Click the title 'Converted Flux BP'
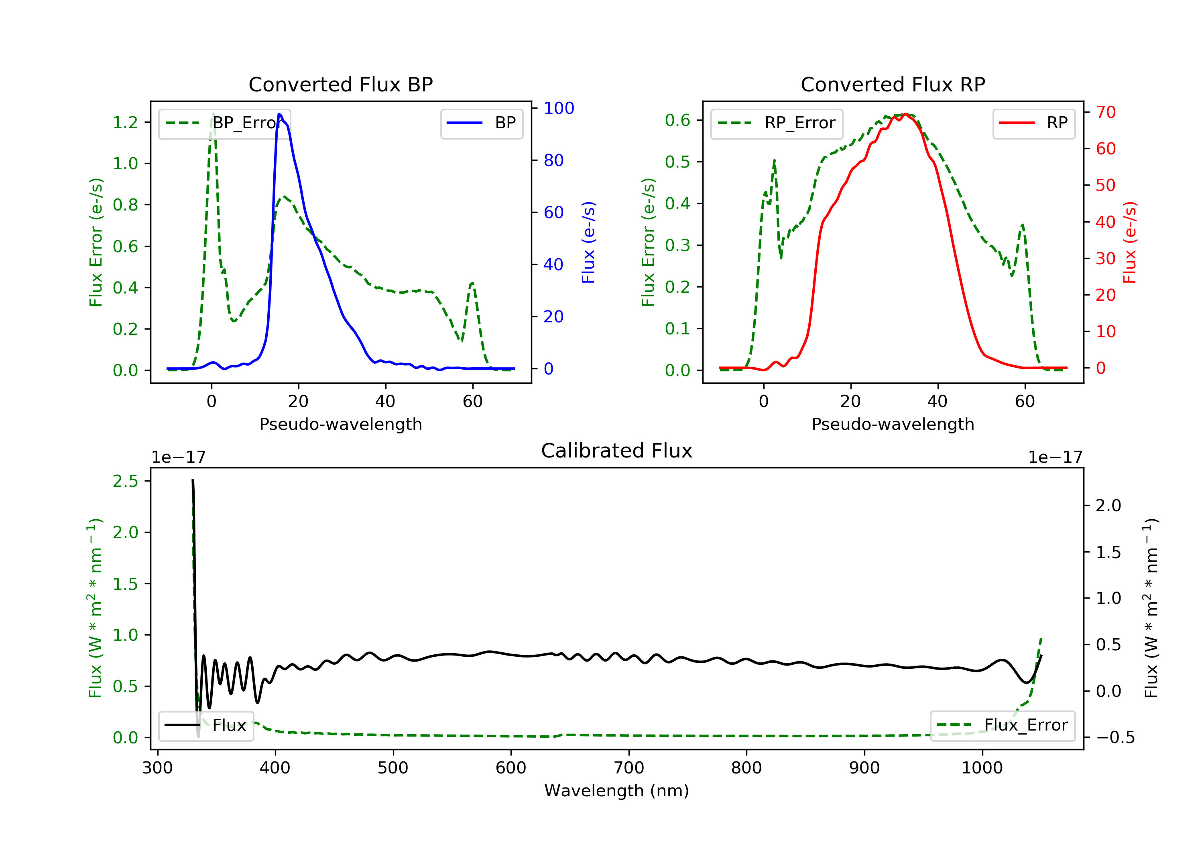tap(340, 84)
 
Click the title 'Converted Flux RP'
tap(893, 84)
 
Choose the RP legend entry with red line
tap(1033, 123)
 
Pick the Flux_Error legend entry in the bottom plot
tap(1002, 725)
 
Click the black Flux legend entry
tap(206, 725)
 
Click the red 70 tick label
tap(1105, 112)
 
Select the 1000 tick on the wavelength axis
tap(982, 768)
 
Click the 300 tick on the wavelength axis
tap(157, 768)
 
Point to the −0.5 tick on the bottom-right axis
tap(1115, 738)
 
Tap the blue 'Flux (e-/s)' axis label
tap(588, 242)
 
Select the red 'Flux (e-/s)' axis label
tap(1129, 242)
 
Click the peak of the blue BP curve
tap(279, 114)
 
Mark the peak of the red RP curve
tap(905, 114)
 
